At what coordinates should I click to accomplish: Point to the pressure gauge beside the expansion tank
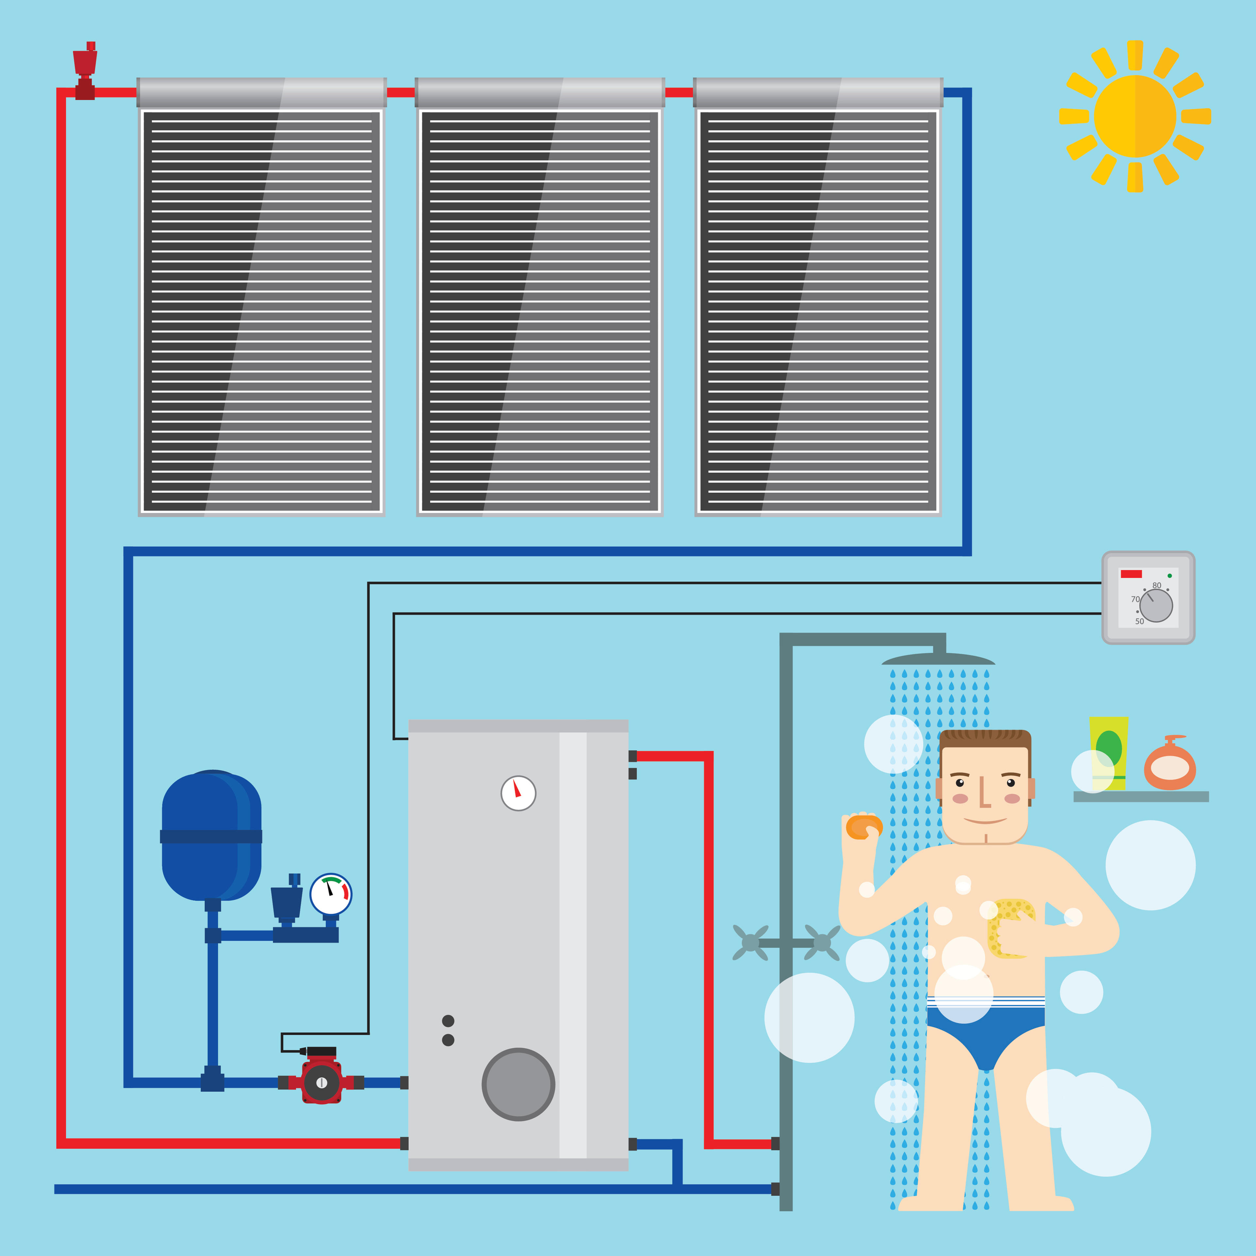coord(331,895)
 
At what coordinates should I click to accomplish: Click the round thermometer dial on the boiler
coord(518,793)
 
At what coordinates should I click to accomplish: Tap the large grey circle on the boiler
coord(518,1084)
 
